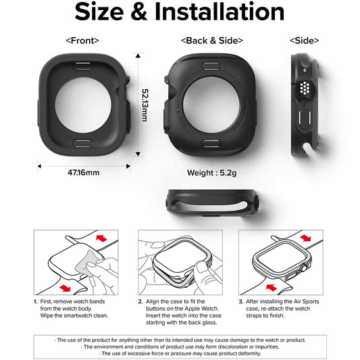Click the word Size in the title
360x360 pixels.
[x=104, y=13]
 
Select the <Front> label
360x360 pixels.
[x=82, y=41]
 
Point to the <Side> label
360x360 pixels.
[x=304, y=41]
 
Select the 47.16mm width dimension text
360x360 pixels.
[x=83, y=172]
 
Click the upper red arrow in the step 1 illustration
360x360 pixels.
[x=103, y=240]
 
